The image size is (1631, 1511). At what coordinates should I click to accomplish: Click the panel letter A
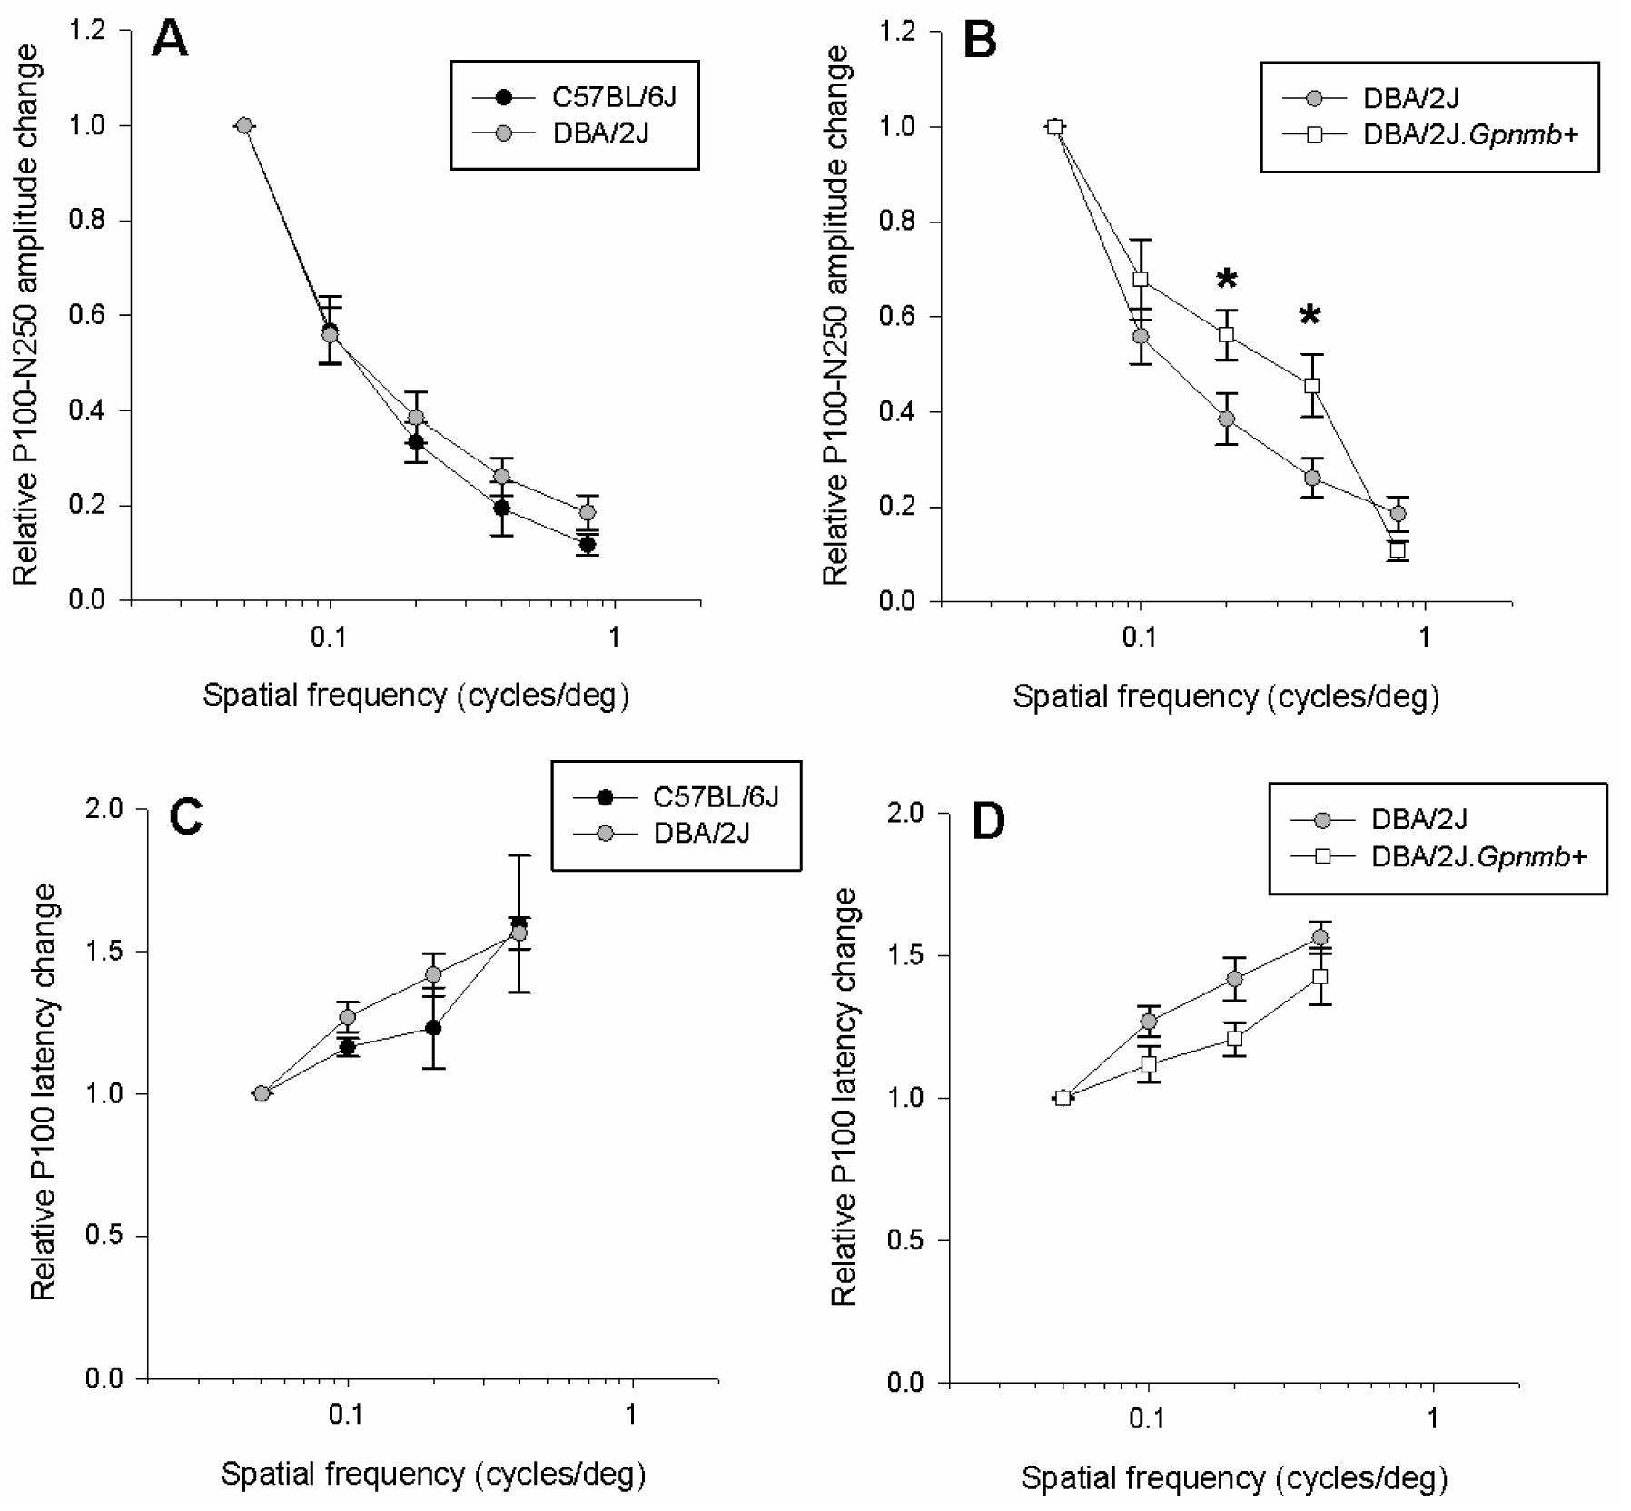coord(170,40)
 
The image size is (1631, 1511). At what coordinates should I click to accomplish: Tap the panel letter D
coord(988,822)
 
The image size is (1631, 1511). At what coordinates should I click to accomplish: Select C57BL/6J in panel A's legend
coord(614,96)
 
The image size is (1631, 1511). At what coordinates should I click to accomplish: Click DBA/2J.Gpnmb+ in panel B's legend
coord(1470,134)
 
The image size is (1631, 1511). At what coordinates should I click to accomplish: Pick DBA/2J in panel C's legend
coord(701,833)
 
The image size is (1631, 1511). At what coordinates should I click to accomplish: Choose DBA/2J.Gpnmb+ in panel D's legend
coord(1478,855)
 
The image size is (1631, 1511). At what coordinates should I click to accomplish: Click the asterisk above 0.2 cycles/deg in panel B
coord(1226,279)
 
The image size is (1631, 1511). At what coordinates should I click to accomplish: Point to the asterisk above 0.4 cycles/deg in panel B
coord(1310,316)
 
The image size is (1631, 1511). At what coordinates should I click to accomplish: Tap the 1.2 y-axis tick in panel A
coord(88,31)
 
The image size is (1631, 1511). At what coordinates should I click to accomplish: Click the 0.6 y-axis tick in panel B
coord(898,317)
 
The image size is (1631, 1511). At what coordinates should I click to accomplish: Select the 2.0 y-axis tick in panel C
coord(104,809)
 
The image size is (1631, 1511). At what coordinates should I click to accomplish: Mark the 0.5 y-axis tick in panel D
coord(904,1240)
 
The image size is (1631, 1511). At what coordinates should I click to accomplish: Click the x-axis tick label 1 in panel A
coord(615,637)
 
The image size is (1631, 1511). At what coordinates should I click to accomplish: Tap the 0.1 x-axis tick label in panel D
coord(1147,1418)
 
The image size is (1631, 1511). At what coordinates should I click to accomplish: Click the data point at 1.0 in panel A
coord(243,125)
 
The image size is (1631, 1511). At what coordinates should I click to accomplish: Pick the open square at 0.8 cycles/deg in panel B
coord(1398,550)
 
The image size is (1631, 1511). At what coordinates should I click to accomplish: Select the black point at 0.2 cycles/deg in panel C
coord(433,1028)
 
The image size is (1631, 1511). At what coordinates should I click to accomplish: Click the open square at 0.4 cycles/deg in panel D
coord(1320,976)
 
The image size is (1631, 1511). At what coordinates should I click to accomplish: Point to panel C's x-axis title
coord(433,1474)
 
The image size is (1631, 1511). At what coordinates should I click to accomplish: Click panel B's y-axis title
coord(835,316)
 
